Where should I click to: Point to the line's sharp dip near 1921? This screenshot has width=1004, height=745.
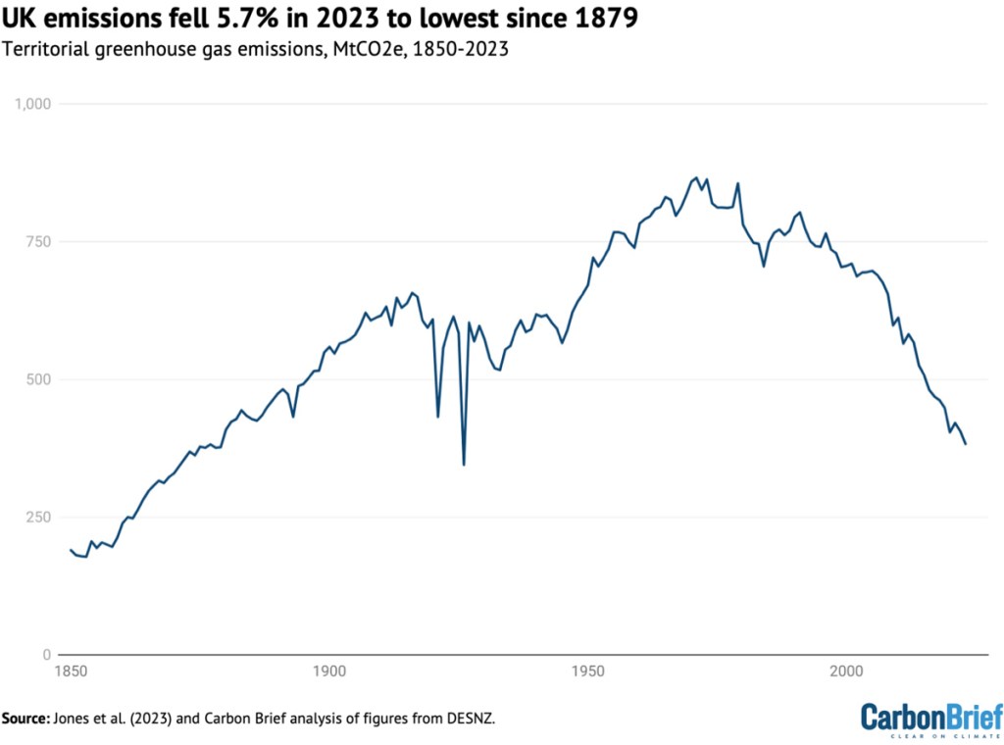click(x=437, y=417)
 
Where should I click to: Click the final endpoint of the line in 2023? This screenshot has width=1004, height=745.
click(x=966, y=444)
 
